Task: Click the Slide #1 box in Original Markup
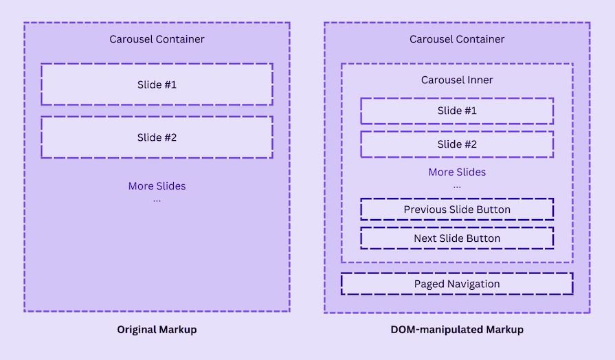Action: coord(157,85)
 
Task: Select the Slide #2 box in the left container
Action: coord(157,137)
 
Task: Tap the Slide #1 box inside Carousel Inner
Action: coord(457,111)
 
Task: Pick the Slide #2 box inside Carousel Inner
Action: coord(457,144)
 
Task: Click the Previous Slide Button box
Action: coord(457,209)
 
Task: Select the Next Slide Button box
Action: coord(457,238)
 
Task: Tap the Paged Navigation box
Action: coord(457,284)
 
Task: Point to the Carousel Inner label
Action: coord(457,80)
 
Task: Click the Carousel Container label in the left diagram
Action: coord(157,39)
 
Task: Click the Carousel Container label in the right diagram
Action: coord(457,39)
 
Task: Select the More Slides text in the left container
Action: coord(157,186)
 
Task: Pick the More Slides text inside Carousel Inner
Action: coord(457,172)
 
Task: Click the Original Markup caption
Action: coord(157,330)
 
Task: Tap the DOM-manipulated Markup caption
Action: coord(457,330)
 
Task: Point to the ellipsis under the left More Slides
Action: coord(157,200)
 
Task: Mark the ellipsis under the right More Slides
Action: coord(457,186)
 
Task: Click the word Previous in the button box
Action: coord(426,209)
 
